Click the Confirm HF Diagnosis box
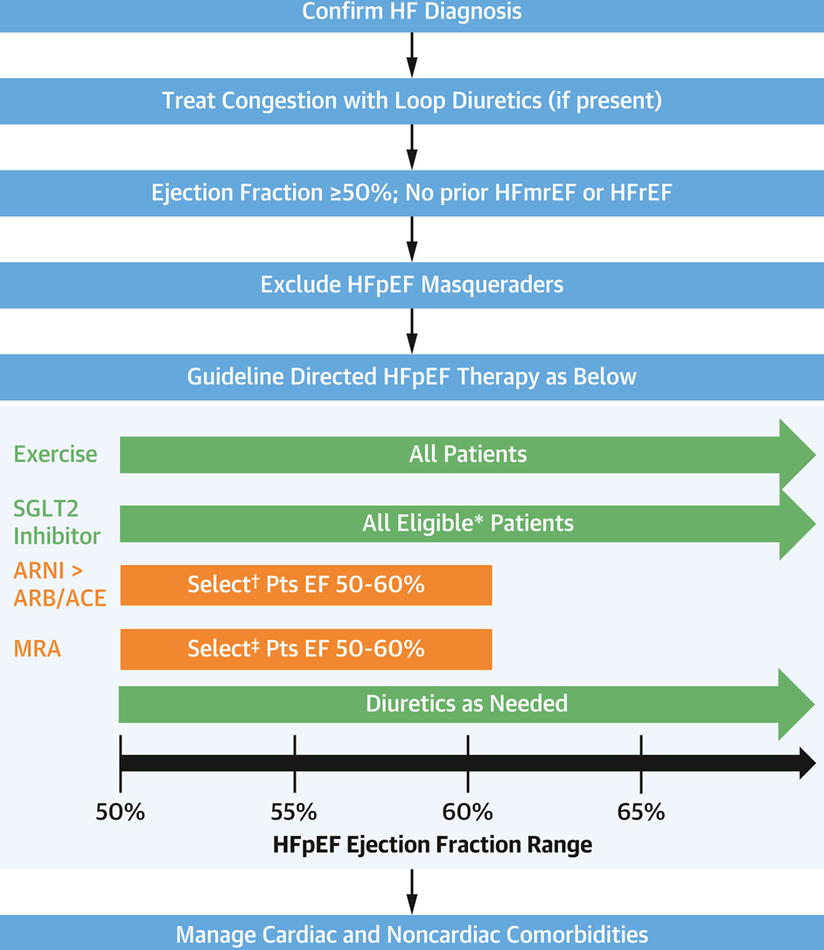pyautogui.click(x=412, y=13)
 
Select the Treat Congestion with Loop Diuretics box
pyautogui.click(x=412, y=100)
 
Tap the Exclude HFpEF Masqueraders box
pyautogui.click(x=412, y=285)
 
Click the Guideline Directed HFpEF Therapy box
pyautogui.click(x=412, y=376)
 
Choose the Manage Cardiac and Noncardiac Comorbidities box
pyautogui.click(x=412, y=933)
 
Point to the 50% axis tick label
pyautogui.click(x=120, y=812)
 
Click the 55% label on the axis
pyautogui.click(x=294, y=812)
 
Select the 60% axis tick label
pyautogui.click(x=468, y=812)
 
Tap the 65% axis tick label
pyautogui.click(x=641, y=812)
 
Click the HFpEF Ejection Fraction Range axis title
pyautogui.click(x=432, y=845)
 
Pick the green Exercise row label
pyautogui.click(x=55, y=454)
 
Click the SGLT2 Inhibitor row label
pyautogui.click(x=57, y=522)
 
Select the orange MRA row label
pyautogui.click(x=38, y=649)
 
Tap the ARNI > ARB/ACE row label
pyautogui.click(x=59, y=585)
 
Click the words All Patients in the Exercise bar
pyautogui.click(x=468, y=454)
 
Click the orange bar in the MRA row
pyautogui.click(x=306, y=649)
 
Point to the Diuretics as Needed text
pyautogui.click(x=466, y=703)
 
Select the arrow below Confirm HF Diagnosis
pyautogui.click(x=412, y=55)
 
